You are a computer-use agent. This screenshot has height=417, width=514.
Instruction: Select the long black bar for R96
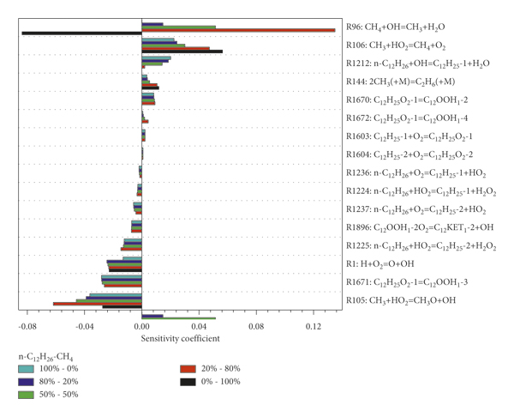[81, 33]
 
